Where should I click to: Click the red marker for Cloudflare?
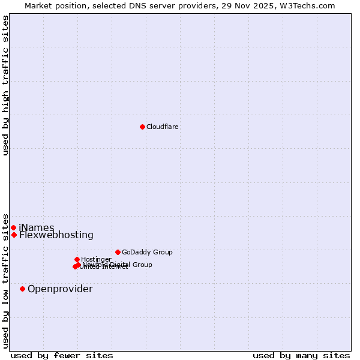[x=142, y=127]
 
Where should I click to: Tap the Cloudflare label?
[x=162, y=127]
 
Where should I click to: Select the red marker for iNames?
[x=13, y=227]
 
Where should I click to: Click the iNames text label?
[x=37, y=228]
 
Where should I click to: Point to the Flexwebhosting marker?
[x=14, y=235]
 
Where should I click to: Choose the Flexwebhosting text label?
[x=56, y=235]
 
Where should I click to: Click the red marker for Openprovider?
[x=22, y=289]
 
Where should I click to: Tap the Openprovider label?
[x=60, y=289]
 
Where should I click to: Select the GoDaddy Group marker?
[x=118, y=252]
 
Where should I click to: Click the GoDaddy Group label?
[x=147, y=252]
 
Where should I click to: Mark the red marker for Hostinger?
[x=77, y=259]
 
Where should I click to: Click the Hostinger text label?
[x=96, y=259]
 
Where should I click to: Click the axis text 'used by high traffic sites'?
[x=6, y=85]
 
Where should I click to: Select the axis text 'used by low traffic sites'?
[x=6, y=281]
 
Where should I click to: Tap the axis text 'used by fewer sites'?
[x=62, y=355]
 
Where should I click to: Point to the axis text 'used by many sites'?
[x=301, y=355]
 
